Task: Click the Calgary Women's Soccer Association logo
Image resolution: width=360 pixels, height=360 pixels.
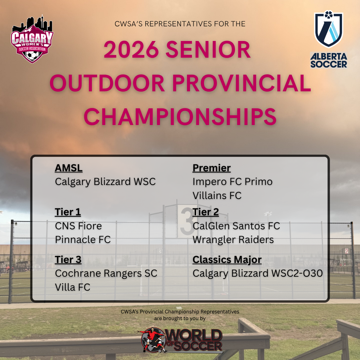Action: click(32, 39)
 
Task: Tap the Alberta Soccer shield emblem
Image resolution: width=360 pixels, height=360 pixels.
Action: click(329, 29)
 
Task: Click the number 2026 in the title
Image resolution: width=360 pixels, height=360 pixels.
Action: click(131, 50)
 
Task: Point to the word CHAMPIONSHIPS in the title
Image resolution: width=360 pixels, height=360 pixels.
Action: click(180, 117)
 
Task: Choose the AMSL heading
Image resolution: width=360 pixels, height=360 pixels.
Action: click(69, 168)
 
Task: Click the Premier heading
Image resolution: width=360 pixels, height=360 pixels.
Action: click(211, 168)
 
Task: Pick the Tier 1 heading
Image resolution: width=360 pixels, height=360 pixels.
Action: click(68, 212)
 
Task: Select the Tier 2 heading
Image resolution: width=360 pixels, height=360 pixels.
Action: click(205, 212)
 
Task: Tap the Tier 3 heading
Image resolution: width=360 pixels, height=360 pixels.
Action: click(68, 260)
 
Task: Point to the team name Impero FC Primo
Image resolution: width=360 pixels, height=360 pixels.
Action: click(233, 182)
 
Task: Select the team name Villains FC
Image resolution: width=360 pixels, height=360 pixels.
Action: click(217, 196)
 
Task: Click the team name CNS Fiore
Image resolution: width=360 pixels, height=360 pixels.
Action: click(78, 226)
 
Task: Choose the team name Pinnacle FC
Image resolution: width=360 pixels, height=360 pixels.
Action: click(83, 240)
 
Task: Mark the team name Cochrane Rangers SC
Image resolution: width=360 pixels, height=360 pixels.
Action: click(106, 274)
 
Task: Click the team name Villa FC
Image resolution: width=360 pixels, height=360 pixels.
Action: click(73, 287)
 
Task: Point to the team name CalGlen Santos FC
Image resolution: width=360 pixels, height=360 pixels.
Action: click(236, 226)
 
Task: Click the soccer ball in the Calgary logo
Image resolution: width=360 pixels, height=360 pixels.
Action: click(32, 55)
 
